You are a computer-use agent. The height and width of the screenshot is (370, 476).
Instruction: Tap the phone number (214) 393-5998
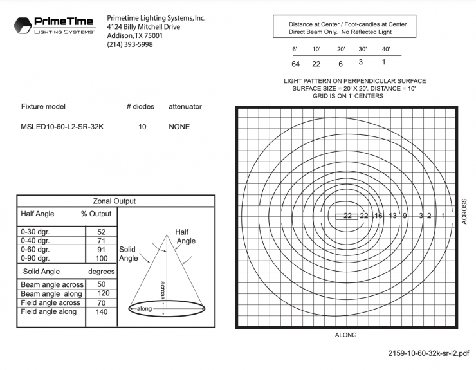click(x=130, y=45)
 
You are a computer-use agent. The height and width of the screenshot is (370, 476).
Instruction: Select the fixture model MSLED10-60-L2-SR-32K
click(x=62, y=127)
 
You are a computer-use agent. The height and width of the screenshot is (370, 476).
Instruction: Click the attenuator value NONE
click(x=179, y=127)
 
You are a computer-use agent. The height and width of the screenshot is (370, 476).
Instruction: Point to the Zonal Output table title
click(x=114, y=201)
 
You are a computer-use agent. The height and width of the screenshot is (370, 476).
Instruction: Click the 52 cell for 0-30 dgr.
click(x=101, y=232)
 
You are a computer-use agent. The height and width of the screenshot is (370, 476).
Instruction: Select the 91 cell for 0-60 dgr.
click(x=101, y=249)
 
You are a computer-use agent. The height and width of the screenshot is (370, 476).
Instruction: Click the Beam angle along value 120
click(x=101, y=293)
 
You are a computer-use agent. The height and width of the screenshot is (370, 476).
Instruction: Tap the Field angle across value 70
click(x=101, y=302)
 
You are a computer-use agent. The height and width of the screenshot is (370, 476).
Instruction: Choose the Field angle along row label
click(x=49, y=311)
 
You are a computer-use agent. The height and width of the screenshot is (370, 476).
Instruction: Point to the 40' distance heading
click(x=386, y=49)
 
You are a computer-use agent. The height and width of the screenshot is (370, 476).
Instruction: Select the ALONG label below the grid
click(x=345, y=335)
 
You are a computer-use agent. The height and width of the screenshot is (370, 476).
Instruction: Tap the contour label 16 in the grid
click(x=378, y=216)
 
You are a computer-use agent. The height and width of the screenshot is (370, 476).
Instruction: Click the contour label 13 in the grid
click(x=392, y=216)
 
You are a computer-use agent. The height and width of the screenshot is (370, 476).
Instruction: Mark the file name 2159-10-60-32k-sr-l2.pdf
click(x=428, y=353)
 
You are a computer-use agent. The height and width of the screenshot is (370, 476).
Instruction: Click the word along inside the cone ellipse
click(x=146, y=309)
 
